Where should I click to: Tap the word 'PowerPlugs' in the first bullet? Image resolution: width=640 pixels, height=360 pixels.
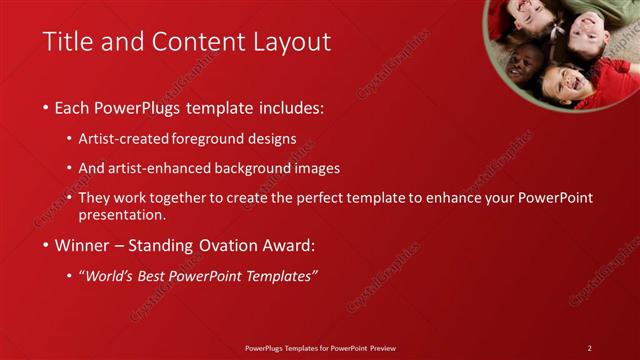[139, 107]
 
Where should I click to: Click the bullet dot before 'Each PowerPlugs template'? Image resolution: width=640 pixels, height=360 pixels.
[46, 108]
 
